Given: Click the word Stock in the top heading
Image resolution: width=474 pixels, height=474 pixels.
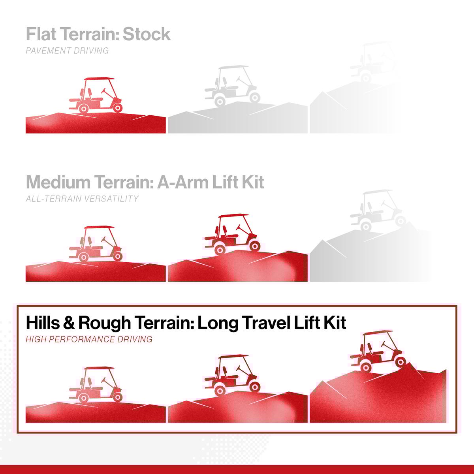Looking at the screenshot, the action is [147, 34].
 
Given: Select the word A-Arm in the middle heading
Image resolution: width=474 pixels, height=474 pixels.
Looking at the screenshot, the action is [182, 182].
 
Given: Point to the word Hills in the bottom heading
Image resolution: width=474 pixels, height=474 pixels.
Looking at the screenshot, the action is [43, 323].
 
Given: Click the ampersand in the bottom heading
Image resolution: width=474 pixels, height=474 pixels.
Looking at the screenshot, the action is [69, 323].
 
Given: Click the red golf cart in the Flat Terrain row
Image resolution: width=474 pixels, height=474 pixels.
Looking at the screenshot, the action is [96, 95].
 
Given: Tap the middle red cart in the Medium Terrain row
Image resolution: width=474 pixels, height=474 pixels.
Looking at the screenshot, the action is [232, 234].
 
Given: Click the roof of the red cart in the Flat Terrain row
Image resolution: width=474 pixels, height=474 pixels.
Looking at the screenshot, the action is [100, 79].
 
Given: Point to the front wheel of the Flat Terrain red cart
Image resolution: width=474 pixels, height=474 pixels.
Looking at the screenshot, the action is [118, 108].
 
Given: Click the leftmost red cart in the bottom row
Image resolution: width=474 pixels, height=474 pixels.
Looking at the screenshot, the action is [96, 384].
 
